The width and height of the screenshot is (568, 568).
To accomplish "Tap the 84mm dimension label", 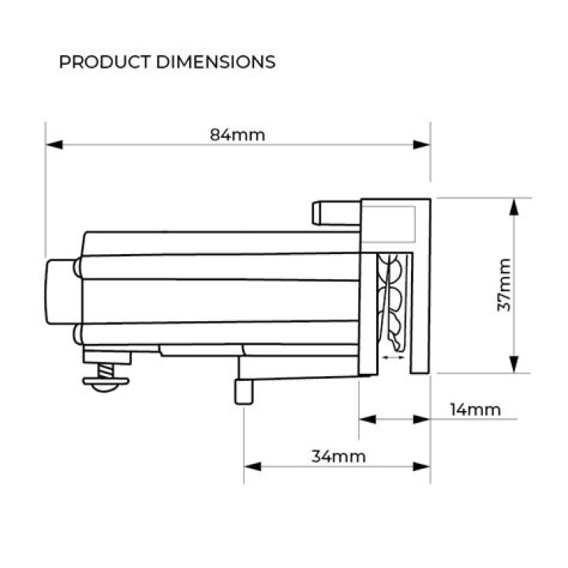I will click(x=237, y=134).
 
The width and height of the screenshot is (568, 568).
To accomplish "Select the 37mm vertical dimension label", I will click(x=505, y=285).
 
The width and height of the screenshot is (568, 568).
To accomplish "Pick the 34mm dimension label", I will click(x=338, y=456).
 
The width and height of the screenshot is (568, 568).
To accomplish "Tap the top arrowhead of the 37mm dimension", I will click(x=514, y=207).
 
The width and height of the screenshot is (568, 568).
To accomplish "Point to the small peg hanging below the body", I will click(x=244, y=390).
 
